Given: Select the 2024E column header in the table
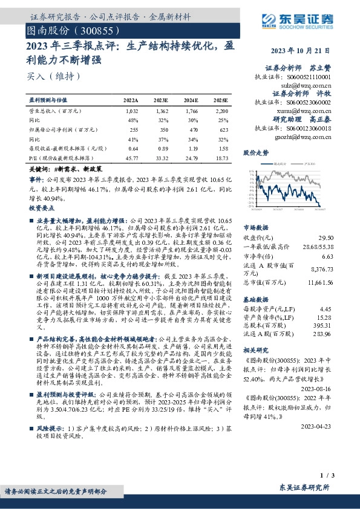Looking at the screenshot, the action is [191, 100].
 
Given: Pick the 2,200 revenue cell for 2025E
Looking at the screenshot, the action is [221, 112].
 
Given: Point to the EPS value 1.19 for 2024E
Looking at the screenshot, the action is [191, 149].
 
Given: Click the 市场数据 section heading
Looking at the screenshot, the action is [256, 228].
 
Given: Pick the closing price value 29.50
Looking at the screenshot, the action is [326, 238].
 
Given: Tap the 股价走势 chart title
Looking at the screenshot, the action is [256, 154].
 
